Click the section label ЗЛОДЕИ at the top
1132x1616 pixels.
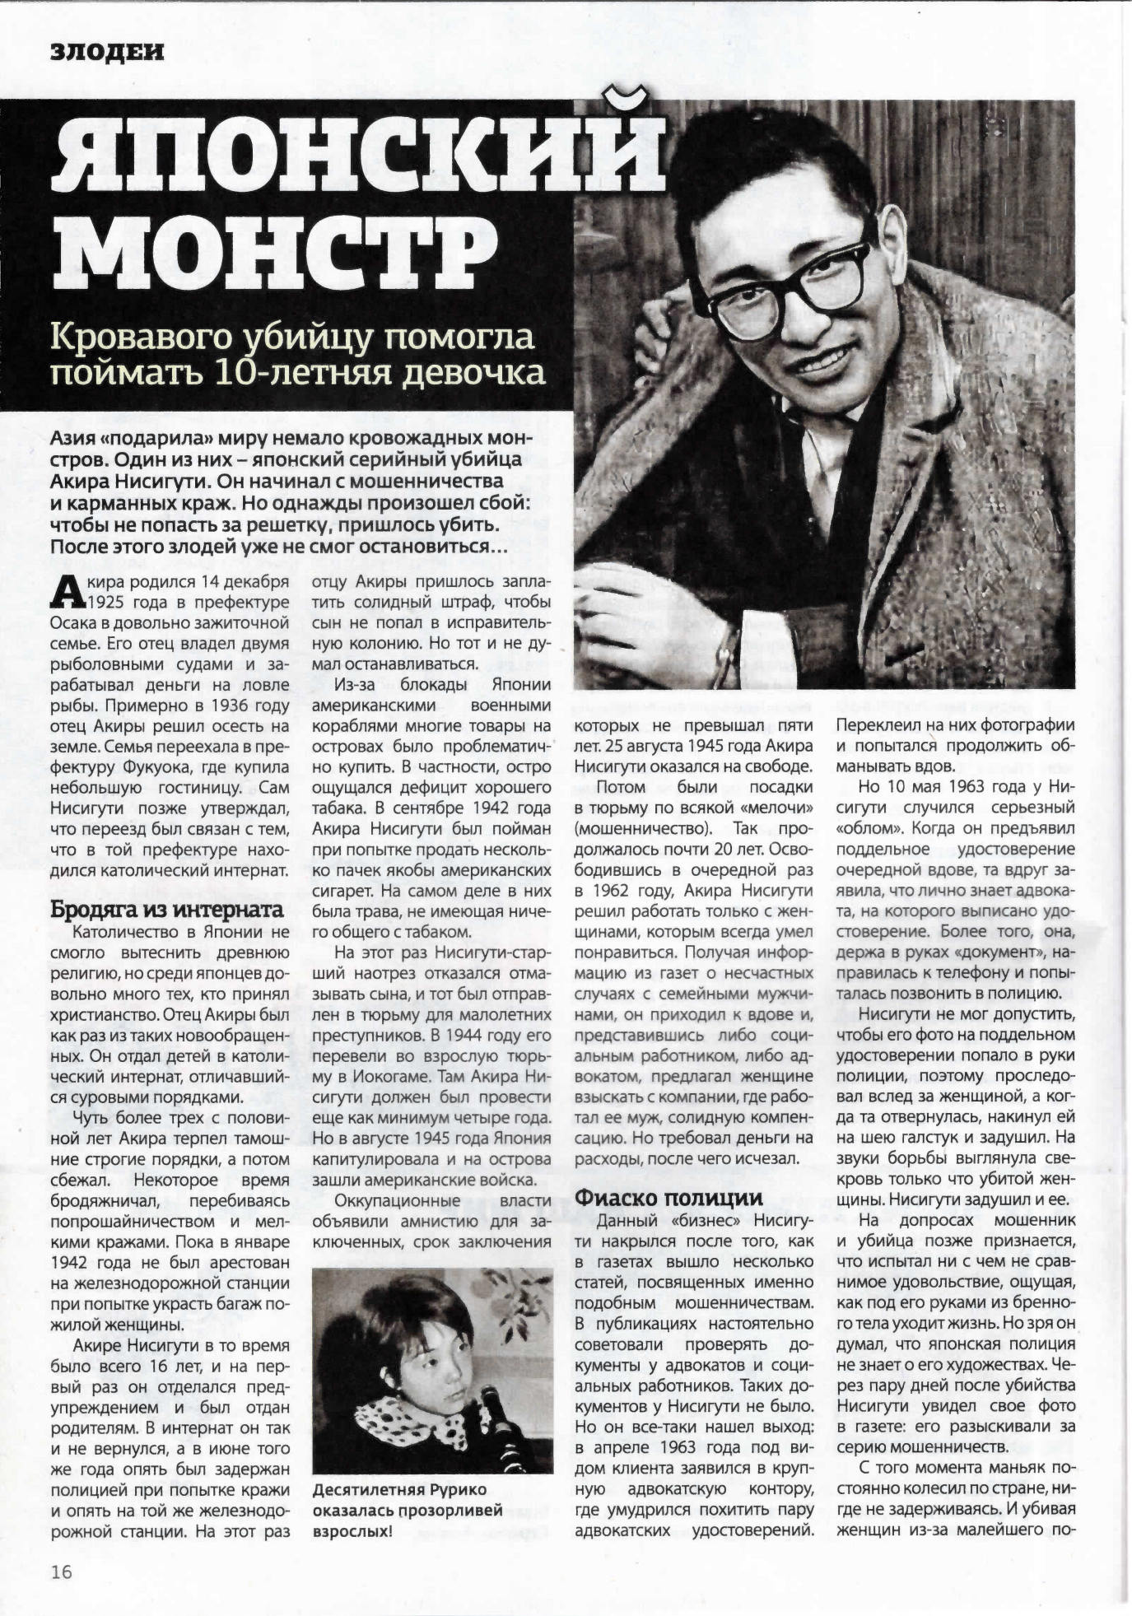(x=107, y=53)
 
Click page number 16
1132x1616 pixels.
(x=61, y=1571)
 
